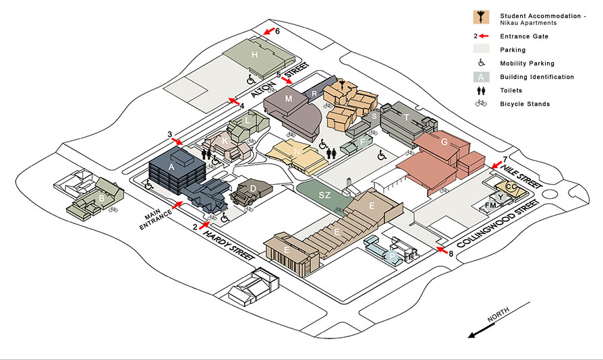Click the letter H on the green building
tap(254, 55)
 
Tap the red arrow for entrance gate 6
tap(269, 32)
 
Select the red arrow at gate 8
tap(442, 251)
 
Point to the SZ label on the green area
tap(324, 196)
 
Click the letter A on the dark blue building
tap(171, 167)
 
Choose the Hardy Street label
tap(229, 245)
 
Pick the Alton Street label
tap(280, 80)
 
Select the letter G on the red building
tap(444, 142)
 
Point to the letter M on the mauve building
tap(289, 98)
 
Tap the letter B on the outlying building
tap(102, 199)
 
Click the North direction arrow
tap(481, 331)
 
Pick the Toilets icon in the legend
tap(481, 90)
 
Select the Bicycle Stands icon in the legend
tap(481, 103)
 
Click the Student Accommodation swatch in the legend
tap(481, 18)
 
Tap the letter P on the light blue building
tap(392, 256)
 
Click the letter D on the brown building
tap(253, 189)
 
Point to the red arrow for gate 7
tap(497, 165)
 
